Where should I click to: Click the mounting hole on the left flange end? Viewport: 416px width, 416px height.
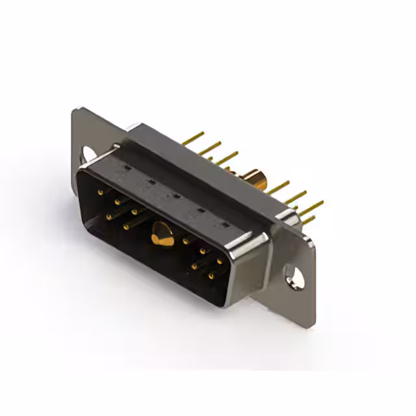(87, 154)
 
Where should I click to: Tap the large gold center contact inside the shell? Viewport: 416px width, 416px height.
(161, 234)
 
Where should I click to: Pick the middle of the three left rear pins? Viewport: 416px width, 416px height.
(209, 149)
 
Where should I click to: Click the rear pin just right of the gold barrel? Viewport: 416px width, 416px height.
(278, 188)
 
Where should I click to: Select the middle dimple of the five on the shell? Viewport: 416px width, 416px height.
(174, 194)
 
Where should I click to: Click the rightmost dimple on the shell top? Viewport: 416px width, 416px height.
(226, 225)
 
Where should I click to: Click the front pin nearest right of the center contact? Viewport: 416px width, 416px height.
(186, 241)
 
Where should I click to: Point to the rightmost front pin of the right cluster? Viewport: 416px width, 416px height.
(220, 262)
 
